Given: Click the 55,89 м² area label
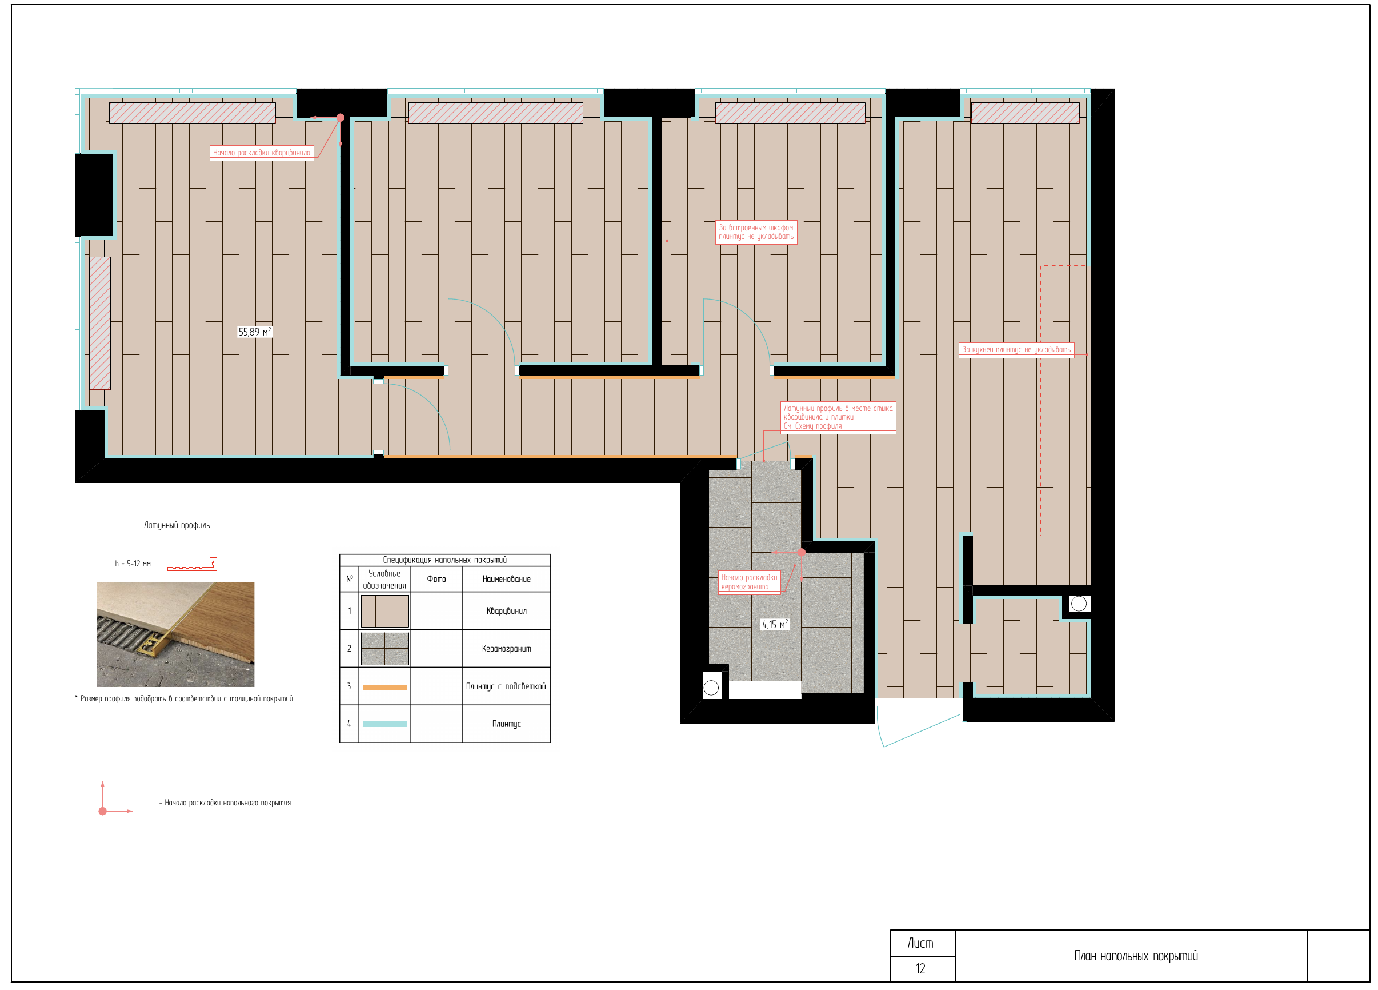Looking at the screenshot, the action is [255, 332].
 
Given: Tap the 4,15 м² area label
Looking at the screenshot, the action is [775, 624].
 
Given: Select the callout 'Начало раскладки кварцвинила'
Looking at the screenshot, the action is [262, 153].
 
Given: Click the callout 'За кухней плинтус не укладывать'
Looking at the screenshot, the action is [1016, 349].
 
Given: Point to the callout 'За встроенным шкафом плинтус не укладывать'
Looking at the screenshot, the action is [756, 232].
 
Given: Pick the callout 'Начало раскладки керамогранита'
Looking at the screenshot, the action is [749, 582].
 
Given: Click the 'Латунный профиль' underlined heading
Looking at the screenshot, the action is [177, 525].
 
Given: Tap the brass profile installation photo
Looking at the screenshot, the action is [175, 634].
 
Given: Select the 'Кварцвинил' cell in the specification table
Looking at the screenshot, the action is [506, 611].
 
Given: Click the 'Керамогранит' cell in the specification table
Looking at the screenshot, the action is [506, 648].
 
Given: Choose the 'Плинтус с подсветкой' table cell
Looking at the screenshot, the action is [506, 686].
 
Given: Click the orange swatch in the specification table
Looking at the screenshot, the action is [384, 688].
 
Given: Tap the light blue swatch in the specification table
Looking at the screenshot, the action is [384, 724].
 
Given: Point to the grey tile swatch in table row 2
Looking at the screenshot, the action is [384, 648].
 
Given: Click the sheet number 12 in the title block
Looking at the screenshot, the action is [920, 969].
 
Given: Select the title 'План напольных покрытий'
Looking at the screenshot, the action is [1136, 956].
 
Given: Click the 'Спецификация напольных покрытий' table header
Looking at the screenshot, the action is [444, 560].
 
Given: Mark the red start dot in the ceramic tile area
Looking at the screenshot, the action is [802, 552].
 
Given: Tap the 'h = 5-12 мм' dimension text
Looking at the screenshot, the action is [133, 564].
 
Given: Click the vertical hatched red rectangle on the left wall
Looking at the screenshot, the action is [99, 323].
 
